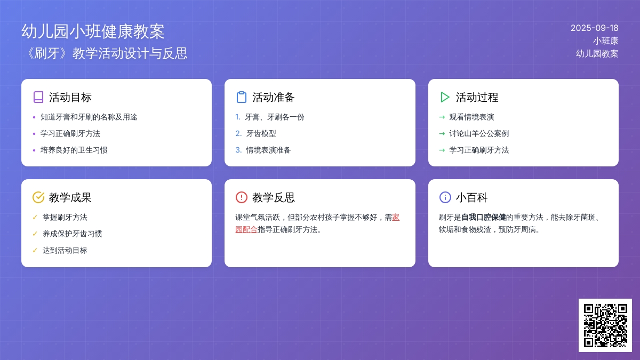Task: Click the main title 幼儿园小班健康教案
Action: coord(93,31)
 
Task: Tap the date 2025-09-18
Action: coord(594,28)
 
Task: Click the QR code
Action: coord(605,325)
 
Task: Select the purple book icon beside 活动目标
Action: coord(38,97)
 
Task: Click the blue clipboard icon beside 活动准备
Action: coord(242,97)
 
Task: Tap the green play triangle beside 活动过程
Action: coord(444,97)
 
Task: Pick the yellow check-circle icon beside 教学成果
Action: coord(38,197)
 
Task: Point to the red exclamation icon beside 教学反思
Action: coord(242,197)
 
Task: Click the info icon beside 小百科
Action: coord(445,197)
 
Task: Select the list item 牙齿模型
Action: coord(261,133)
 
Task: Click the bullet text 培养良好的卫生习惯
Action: coord(74,150)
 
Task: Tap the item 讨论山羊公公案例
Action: coord(479,133)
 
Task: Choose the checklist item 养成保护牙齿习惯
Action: coord(73,234)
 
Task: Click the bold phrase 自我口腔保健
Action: coord(483,218)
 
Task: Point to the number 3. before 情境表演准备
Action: coord(238,150)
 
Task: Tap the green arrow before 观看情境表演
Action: coord(442,117)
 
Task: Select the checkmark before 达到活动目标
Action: coord(35,250)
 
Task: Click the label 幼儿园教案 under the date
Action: coord(597,54)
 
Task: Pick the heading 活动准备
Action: coord(273,97)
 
